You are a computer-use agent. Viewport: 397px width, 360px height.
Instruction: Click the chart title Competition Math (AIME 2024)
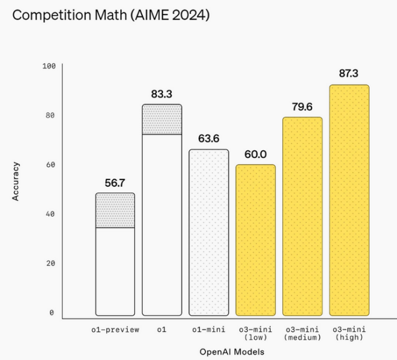coord(111,16)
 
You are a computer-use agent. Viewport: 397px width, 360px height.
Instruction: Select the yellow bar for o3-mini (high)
coord(349,200)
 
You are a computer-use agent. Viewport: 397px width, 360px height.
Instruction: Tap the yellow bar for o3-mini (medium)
coord(302,216)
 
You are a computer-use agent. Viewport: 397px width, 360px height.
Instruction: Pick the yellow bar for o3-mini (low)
coord(255,240)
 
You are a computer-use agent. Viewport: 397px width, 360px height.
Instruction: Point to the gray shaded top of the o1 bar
coord(162,119)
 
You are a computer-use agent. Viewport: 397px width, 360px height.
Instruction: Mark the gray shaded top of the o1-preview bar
coord(115,210)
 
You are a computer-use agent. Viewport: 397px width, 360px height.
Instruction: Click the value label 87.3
coord(349,73)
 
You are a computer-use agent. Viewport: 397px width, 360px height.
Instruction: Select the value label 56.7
coord(115,182)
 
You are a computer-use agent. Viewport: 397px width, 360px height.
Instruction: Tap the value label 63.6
coord(208,138)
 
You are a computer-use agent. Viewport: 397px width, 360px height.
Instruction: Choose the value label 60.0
coord(255,154)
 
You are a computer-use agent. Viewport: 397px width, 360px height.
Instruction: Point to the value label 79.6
coord(302,106)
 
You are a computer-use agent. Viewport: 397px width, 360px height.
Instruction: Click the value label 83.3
coord(162,94)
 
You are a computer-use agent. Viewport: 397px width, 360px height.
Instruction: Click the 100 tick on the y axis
coord(49,65)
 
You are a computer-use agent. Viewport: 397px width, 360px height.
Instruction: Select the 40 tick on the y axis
coord(50,214)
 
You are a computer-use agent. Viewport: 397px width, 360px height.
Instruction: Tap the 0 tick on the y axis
coord(52,313)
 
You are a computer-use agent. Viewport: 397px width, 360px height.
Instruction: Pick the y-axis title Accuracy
coord(17,181)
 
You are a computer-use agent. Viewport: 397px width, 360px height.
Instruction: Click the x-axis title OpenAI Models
coord(232,351)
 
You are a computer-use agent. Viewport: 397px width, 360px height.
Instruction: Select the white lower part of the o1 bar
coord(162,224)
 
